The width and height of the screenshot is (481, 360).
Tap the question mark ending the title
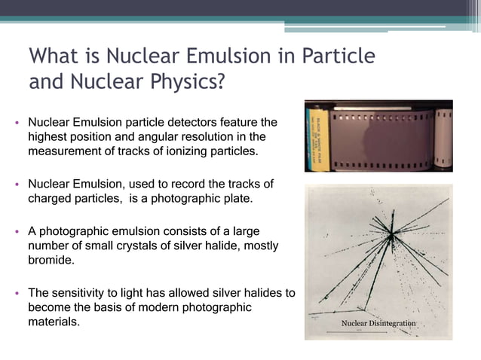pos(221,81)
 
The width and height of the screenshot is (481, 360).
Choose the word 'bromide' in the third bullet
pos(52,261)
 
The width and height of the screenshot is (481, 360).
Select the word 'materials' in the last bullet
pos(53,322)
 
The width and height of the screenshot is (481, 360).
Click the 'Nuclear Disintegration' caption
pos(378,323)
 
